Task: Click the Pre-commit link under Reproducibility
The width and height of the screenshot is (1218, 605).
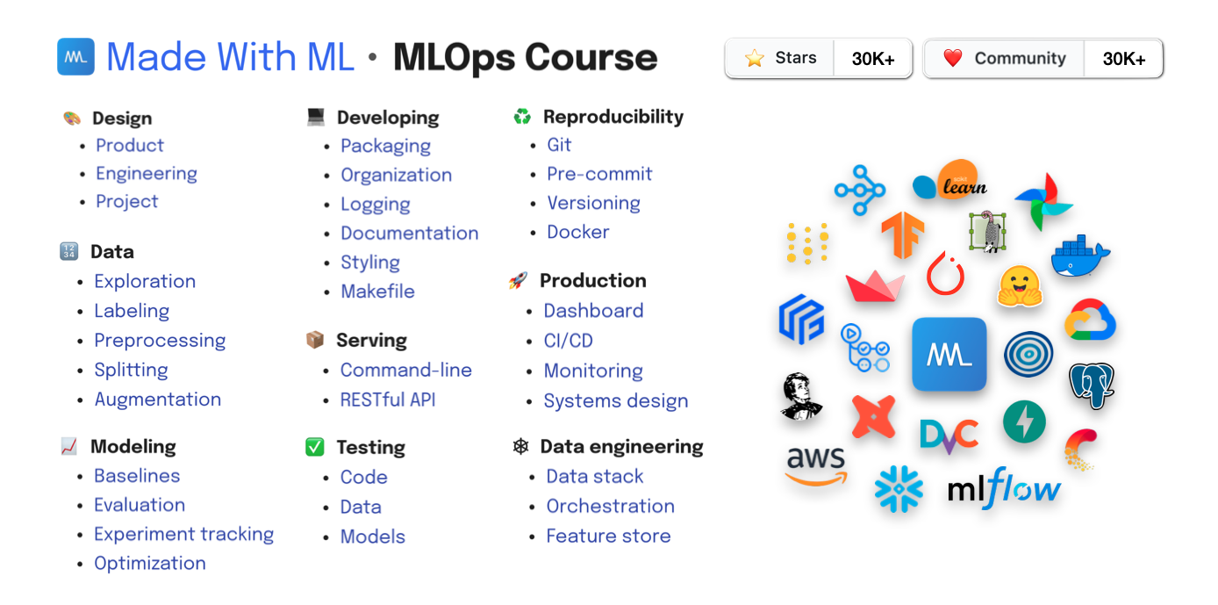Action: (599, 174)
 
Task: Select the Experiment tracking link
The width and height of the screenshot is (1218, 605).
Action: (183, 534)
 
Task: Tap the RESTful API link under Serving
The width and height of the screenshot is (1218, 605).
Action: (388, 400)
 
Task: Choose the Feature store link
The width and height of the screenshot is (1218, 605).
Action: (608, 536)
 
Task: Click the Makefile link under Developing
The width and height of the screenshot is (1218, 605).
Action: (377, 291)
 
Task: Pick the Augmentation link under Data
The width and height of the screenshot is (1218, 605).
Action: (158, 400)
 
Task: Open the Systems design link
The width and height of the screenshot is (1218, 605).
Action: (616, 401)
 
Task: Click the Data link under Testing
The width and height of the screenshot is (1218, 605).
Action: (361, 507)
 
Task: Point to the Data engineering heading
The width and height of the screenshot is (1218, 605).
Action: (621, 447)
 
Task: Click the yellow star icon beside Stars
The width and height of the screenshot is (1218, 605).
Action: (754, 58)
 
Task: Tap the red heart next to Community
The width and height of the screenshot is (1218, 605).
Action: (953, 58)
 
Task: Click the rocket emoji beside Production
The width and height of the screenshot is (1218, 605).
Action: (518, 280)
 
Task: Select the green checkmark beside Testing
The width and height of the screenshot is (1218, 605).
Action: (315, 447)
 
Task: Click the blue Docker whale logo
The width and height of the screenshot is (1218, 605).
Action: (1080, 256)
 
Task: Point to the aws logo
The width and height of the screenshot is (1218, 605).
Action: (815, 465)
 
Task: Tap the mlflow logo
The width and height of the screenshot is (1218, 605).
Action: (1004, 488)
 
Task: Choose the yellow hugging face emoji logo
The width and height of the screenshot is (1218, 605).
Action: (1020, 286)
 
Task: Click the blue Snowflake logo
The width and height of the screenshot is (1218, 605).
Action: (899, 488)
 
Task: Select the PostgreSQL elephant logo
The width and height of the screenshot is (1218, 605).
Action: (1092, 385)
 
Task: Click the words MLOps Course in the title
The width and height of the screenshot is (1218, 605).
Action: (526, 58)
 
